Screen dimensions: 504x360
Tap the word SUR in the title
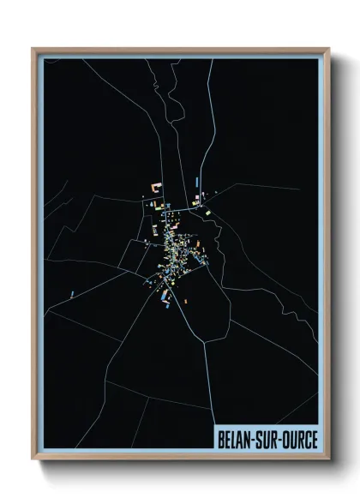269,439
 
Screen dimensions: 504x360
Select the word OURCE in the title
299,439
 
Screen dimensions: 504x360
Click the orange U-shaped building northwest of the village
157,186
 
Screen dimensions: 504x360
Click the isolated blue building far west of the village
74,293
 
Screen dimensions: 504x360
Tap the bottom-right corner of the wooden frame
327,460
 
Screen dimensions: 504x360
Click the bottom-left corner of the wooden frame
33,460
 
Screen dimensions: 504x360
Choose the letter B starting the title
221,439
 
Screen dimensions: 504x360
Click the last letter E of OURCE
314,439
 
